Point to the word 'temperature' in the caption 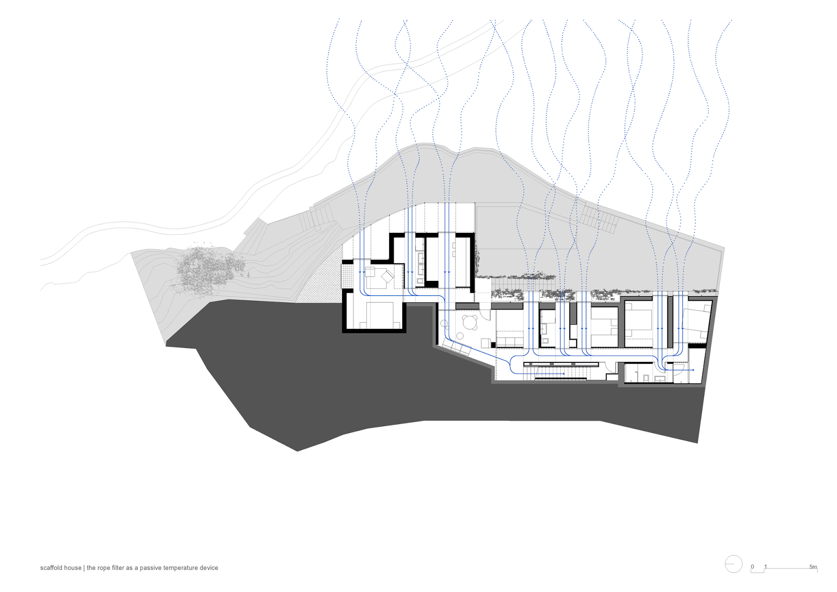click(180, 568)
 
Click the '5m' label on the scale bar click(813, 566)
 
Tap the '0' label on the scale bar click(753, 566)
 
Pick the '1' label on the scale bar click(766, 566)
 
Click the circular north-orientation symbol click(733, 564)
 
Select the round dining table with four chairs click(470, 322)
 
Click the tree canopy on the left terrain click(209, 268)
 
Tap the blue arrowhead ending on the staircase click(563, 373)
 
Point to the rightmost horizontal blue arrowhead click(693, 370)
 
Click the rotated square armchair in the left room click(387, 277)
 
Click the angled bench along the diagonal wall click(456, 347)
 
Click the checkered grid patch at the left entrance click(348, 275)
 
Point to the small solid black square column click(493, 345)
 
